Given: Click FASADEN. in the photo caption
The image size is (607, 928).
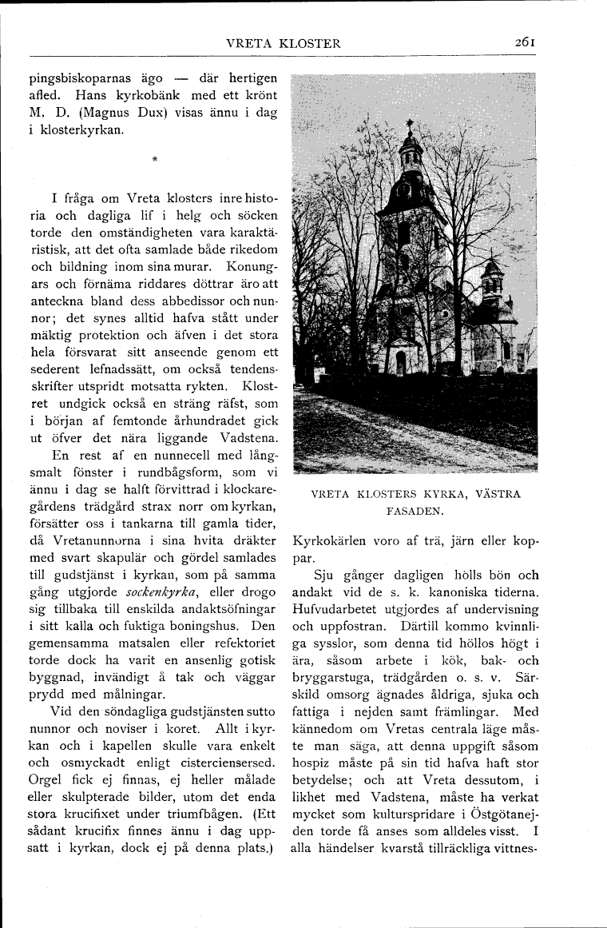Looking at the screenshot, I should tap(415, 508).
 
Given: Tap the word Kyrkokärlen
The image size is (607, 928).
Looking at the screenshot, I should tap(328, 541).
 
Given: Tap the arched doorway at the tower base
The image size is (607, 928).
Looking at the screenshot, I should tap(401, 364).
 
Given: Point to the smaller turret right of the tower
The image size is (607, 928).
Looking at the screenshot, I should tap(492, 276).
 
